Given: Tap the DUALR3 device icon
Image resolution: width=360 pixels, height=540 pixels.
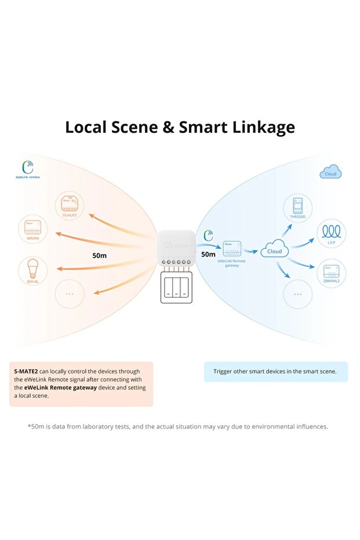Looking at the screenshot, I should pyautogui.click(x=70, y=204).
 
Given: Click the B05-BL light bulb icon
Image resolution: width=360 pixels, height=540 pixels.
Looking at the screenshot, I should pyautogui.click(x=32, y=269).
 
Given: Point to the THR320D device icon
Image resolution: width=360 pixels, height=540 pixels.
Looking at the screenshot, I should pyautogui.click(x=298, y=208).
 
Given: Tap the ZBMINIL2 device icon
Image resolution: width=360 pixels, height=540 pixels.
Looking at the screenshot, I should pyautogui.click(x=332, y=271).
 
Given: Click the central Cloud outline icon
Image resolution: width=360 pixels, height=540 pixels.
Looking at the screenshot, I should pyautogui.click(x=275, y=251).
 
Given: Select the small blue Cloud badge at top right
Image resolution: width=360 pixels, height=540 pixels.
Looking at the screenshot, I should pyautogui.click(x=330, y=173).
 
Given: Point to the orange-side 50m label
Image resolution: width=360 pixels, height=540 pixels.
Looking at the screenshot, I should pyautogui.click(x=100, y=255).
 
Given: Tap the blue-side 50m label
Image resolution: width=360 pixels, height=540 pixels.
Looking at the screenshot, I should pyautogui.click(x=208, y=254).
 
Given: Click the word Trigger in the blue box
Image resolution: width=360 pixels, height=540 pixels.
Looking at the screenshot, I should pyautogui.click(x=225, y=371).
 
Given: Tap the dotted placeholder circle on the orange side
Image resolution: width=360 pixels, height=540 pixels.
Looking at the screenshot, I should pyautogui.click(x=70, y=293).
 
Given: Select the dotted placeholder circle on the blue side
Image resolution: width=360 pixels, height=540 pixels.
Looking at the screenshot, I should pyautogui.click(x=298, y=293).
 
